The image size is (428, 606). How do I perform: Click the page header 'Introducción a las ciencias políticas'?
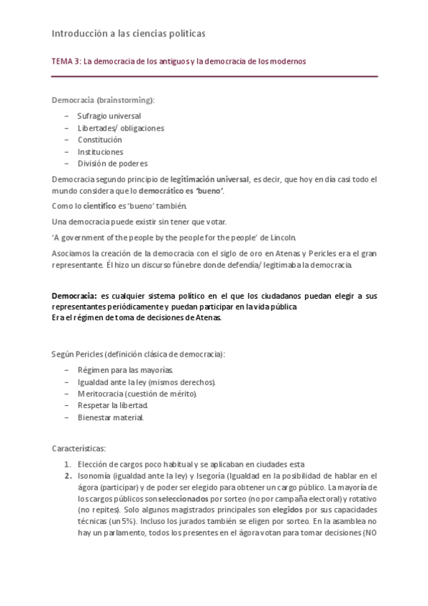(x=129, y=33)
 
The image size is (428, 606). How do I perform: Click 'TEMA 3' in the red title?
(x=66, y=61)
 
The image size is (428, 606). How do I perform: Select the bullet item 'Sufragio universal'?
(x=109, y=116)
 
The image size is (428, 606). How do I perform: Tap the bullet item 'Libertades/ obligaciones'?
(x=121, y=128)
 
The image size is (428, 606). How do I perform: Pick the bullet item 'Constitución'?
(x=99, y=139)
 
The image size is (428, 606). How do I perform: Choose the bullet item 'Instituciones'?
(x=100, y=151)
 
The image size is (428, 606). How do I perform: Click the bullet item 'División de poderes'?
(x=112, y=163)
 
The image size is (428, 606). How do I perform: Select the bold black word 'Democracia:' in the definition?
(x=74, y=296)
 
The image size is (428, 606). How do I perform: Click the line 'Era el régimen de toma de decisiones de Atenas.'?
(x=137, y=318)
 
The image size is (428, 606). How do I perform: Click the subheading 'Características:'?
(x=79, y=449)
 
